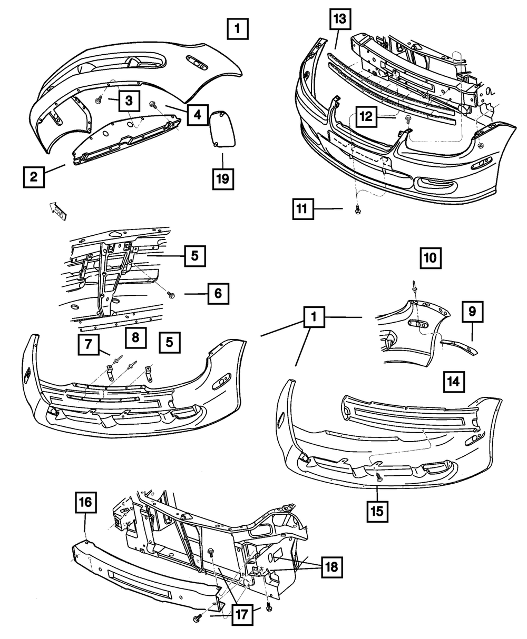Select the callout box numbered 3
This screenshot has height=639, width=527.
tap(129, 99)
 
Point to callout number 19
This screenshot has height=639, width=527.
tap(222, 179)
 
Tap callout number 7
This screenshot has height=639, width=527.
tap(88, 345)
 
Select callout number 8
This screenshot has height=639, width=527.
tap(135, 338)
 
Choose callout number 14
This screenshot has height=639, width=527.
tap(454, 383)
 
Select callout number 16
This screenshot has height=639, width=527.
tap(86, 502)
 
